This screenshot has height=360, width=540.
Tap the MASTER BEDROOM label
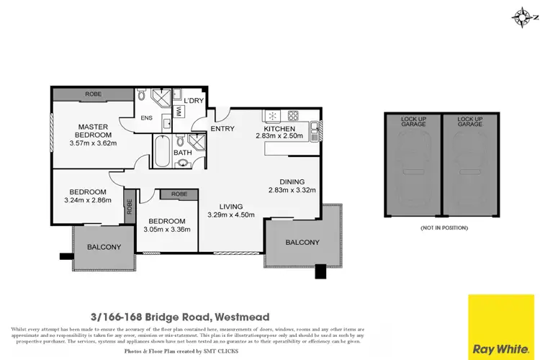(94, 130)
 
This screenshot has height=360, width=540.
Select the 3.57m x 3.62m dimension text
(93, 143)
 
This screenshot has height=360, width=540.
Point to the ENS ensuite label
(147, 118)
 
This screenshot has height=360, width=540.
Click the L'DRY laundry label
(193, 101)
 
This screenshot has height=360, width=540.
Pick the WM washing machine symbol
(179, 109)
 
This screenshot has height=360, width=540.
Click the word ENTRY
(222, 129)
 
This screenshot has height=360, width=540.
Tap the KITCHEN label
(279, 129)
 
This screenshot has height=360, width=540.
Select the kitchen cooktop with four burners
(293, 114)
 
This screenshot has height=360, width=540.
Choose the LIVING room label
(231, 205)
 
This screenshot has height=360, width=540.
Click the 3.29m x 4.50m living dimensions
(231, 214)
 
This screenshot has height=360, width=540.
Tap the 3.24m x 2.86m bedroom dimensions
(88, 200)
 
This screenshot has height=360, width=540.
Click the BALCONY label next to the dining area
(302, 242)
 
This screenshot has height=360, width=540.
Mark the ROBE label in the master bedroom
(93, 94)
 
